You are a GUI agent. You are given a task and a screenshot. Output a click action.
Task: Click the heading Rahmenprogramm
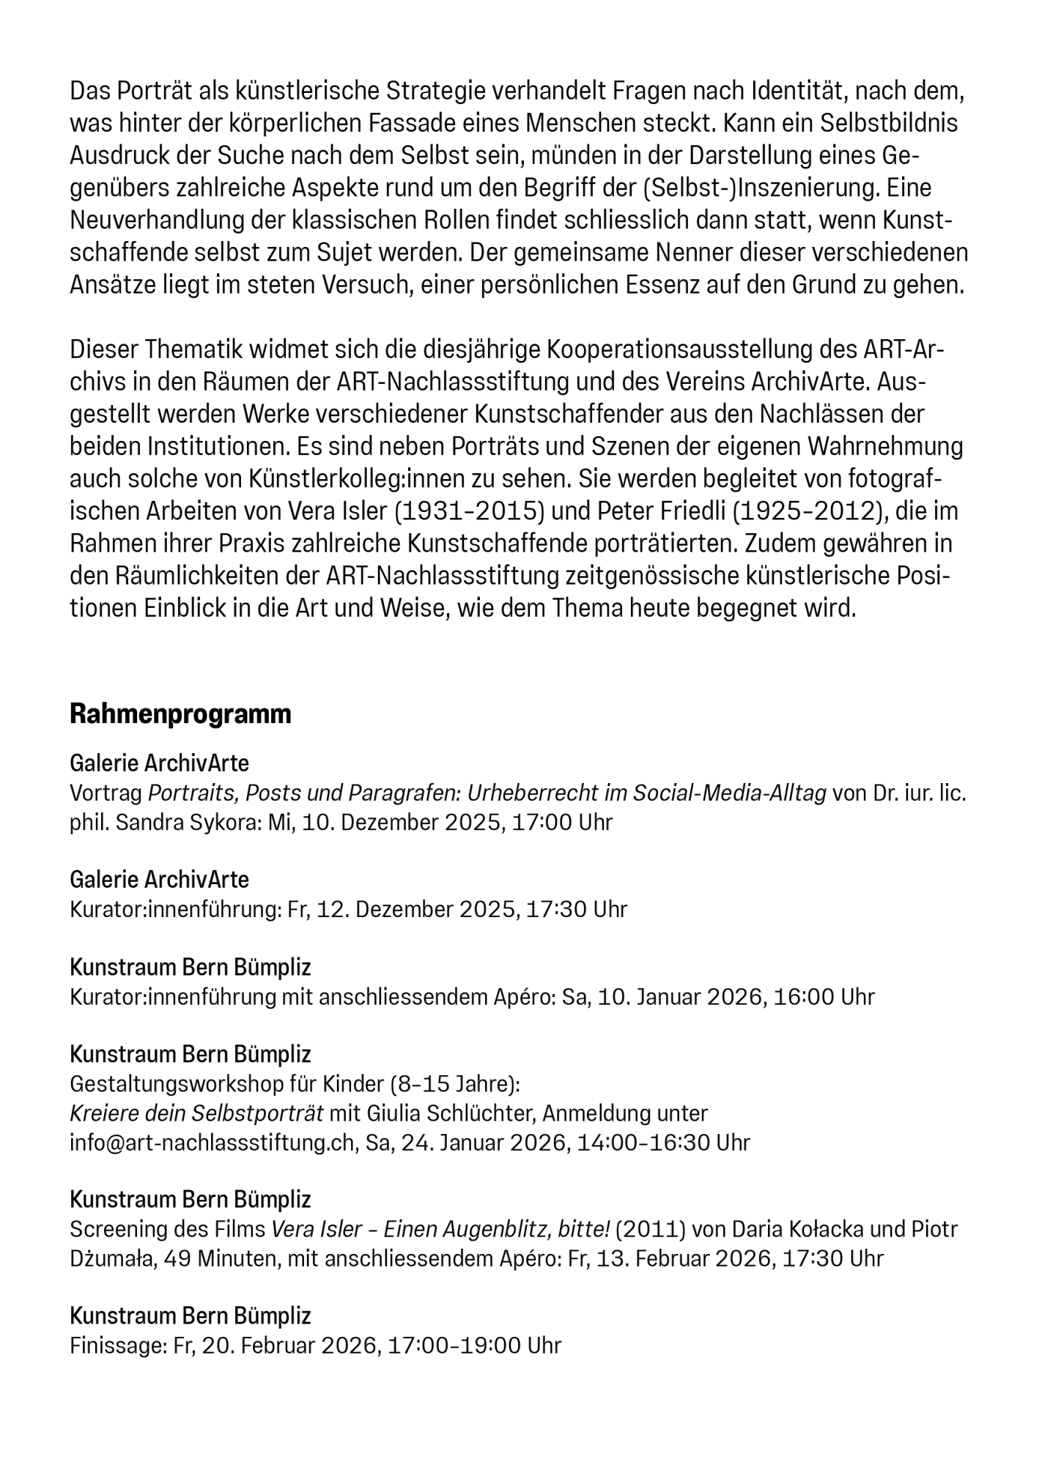[180, 713]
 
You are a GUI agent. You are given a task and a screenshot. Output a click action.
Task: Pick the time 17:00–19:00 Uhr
[474, 1346]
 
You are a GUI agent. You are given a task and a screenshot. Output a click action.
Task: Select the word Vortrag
[106, 793]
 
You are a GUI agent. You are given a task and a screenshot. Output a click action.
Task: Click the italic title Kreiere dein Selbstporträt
[196, 1113]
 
